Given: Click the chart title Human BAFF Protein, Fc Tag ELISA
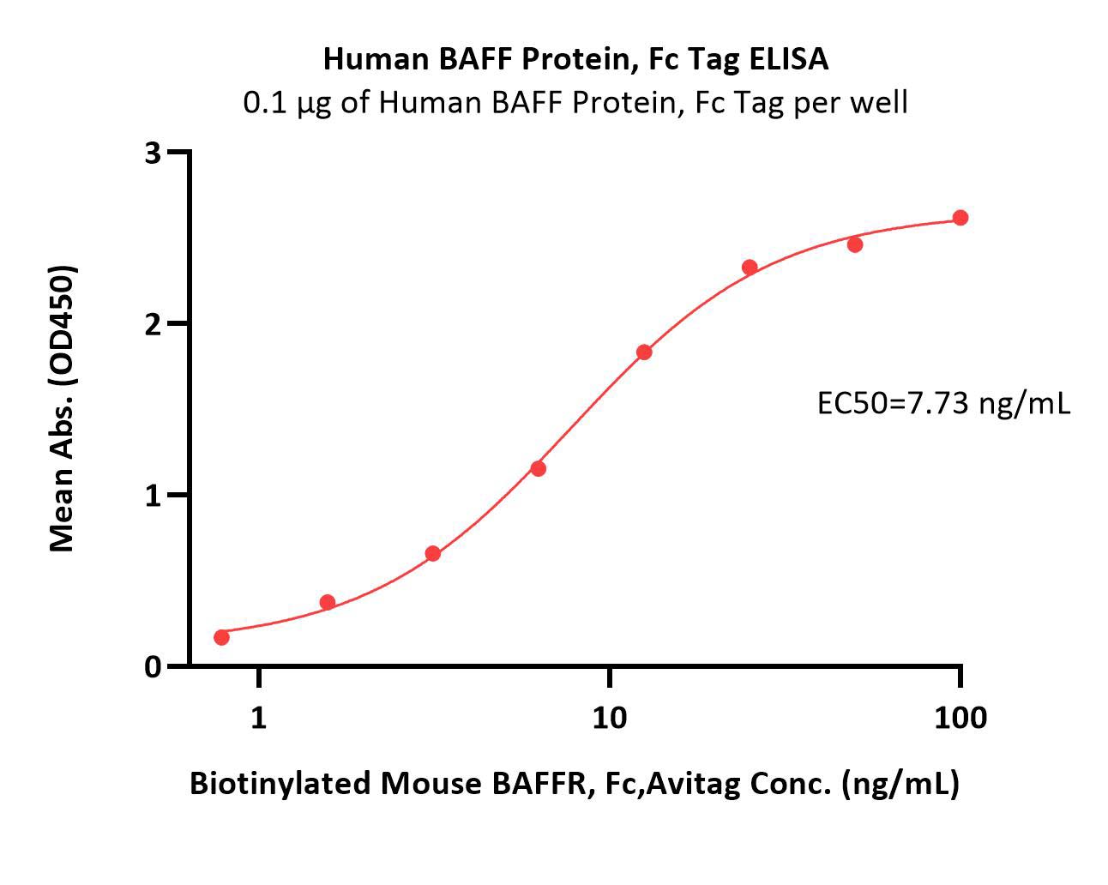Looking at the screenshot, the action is (575, 59).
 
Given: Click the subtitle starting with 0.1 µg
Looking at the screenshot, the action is (575, 102).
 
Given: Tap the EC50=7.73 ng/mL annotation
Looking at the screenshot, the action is (943, 404).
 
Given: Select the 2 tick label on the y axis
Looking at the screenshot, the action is (153, 324).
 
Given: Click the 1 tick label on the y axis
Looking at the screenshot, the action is (153, 496).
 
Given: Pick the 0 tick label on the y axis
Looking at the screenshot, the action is (153, 667).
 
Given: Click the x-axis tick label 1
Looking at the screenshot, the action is (259, 717).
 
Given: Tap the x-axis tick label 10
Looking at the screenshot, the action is (610, 717).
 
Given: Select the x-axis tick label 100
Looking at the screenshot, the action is (960, 717).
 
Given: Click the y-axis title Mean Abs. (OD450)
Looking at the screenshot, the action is (62, 409).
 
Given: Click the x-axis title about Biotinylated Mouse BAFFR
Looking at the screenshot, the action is (575, 784).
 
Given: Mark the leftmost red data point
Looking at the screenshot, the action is (221, 637).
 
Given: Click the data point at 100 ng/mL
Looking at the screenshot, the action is (960, 218).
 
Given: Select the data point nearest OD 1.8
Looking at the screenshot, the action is (644, 352).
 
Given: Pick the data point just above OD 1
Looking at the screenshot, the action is (539, 468).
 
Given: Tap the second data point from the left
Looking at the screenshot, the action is (328, 602).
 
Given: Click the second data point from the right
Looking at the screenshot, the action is (855, 244).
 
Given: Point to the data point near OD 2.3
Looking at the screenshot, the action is (750, 268).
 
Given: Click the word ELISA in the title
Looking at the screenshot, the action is (789, 59).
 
